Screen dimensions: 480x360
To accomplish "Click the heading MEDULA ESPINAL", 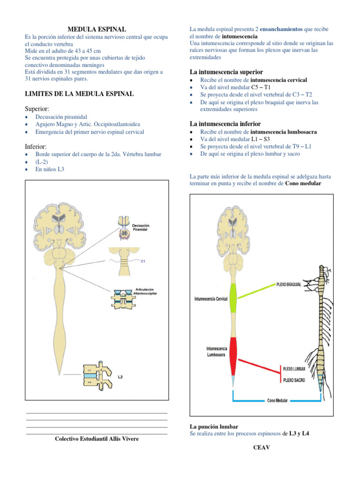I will pos(97,29).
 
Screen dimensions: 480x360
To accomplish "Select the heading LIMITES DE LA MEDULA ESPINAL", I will pos(79,94).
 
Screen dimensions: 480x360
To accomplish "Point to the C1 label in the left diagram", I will pos(143,262).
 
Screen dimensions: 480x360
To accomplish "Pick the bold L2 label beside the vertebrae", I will pos(120,376).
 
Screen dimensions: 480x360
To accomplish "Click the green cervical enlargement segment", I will pos(233,298).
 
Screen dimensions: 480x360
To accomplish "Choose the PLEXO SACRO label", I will pos(293,380).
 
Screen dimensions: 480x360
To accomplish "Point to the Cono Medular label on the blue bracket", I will pos(277,401).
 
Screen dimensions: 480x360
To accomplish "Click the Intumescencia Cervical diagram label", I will pos(210,298).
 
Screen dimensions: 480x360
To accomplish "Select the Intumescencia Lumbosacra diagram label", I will pos(217,352).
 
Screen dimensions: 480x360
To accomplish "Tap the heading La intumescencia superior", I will pos(226,72).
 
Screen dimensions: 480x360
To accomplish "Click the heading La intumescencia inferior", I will pos(225,124).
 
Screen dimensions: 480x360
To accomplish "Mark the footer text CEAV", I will pos(262,447).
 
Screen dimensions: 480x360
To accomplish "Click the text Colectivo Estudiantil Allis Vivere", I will pos(97,439).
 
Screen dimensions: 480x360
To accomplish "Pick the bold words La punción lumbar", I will pos(214,427).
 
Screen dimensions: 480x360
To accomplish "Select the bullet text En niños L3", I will pos(50,169).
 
